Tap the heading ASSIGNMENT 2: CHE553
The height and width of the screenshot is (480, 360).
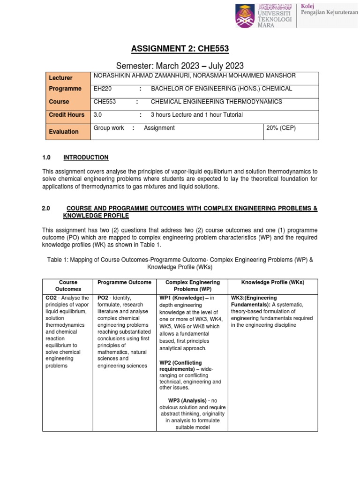(180, 51)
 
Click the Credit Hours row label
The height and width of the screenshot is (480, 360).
(67, 115)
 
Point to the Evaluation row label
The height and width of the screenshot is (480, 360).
(64, 132)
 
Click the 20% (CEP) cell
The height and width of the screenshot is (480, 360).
(280, 128)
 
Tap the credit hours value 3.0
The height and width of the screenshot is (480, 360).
(97, 115)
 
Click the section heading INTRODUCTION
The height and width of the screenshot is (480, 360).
(86, 157)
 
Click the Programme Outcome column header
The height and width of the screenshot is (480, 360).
(124, 282)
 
